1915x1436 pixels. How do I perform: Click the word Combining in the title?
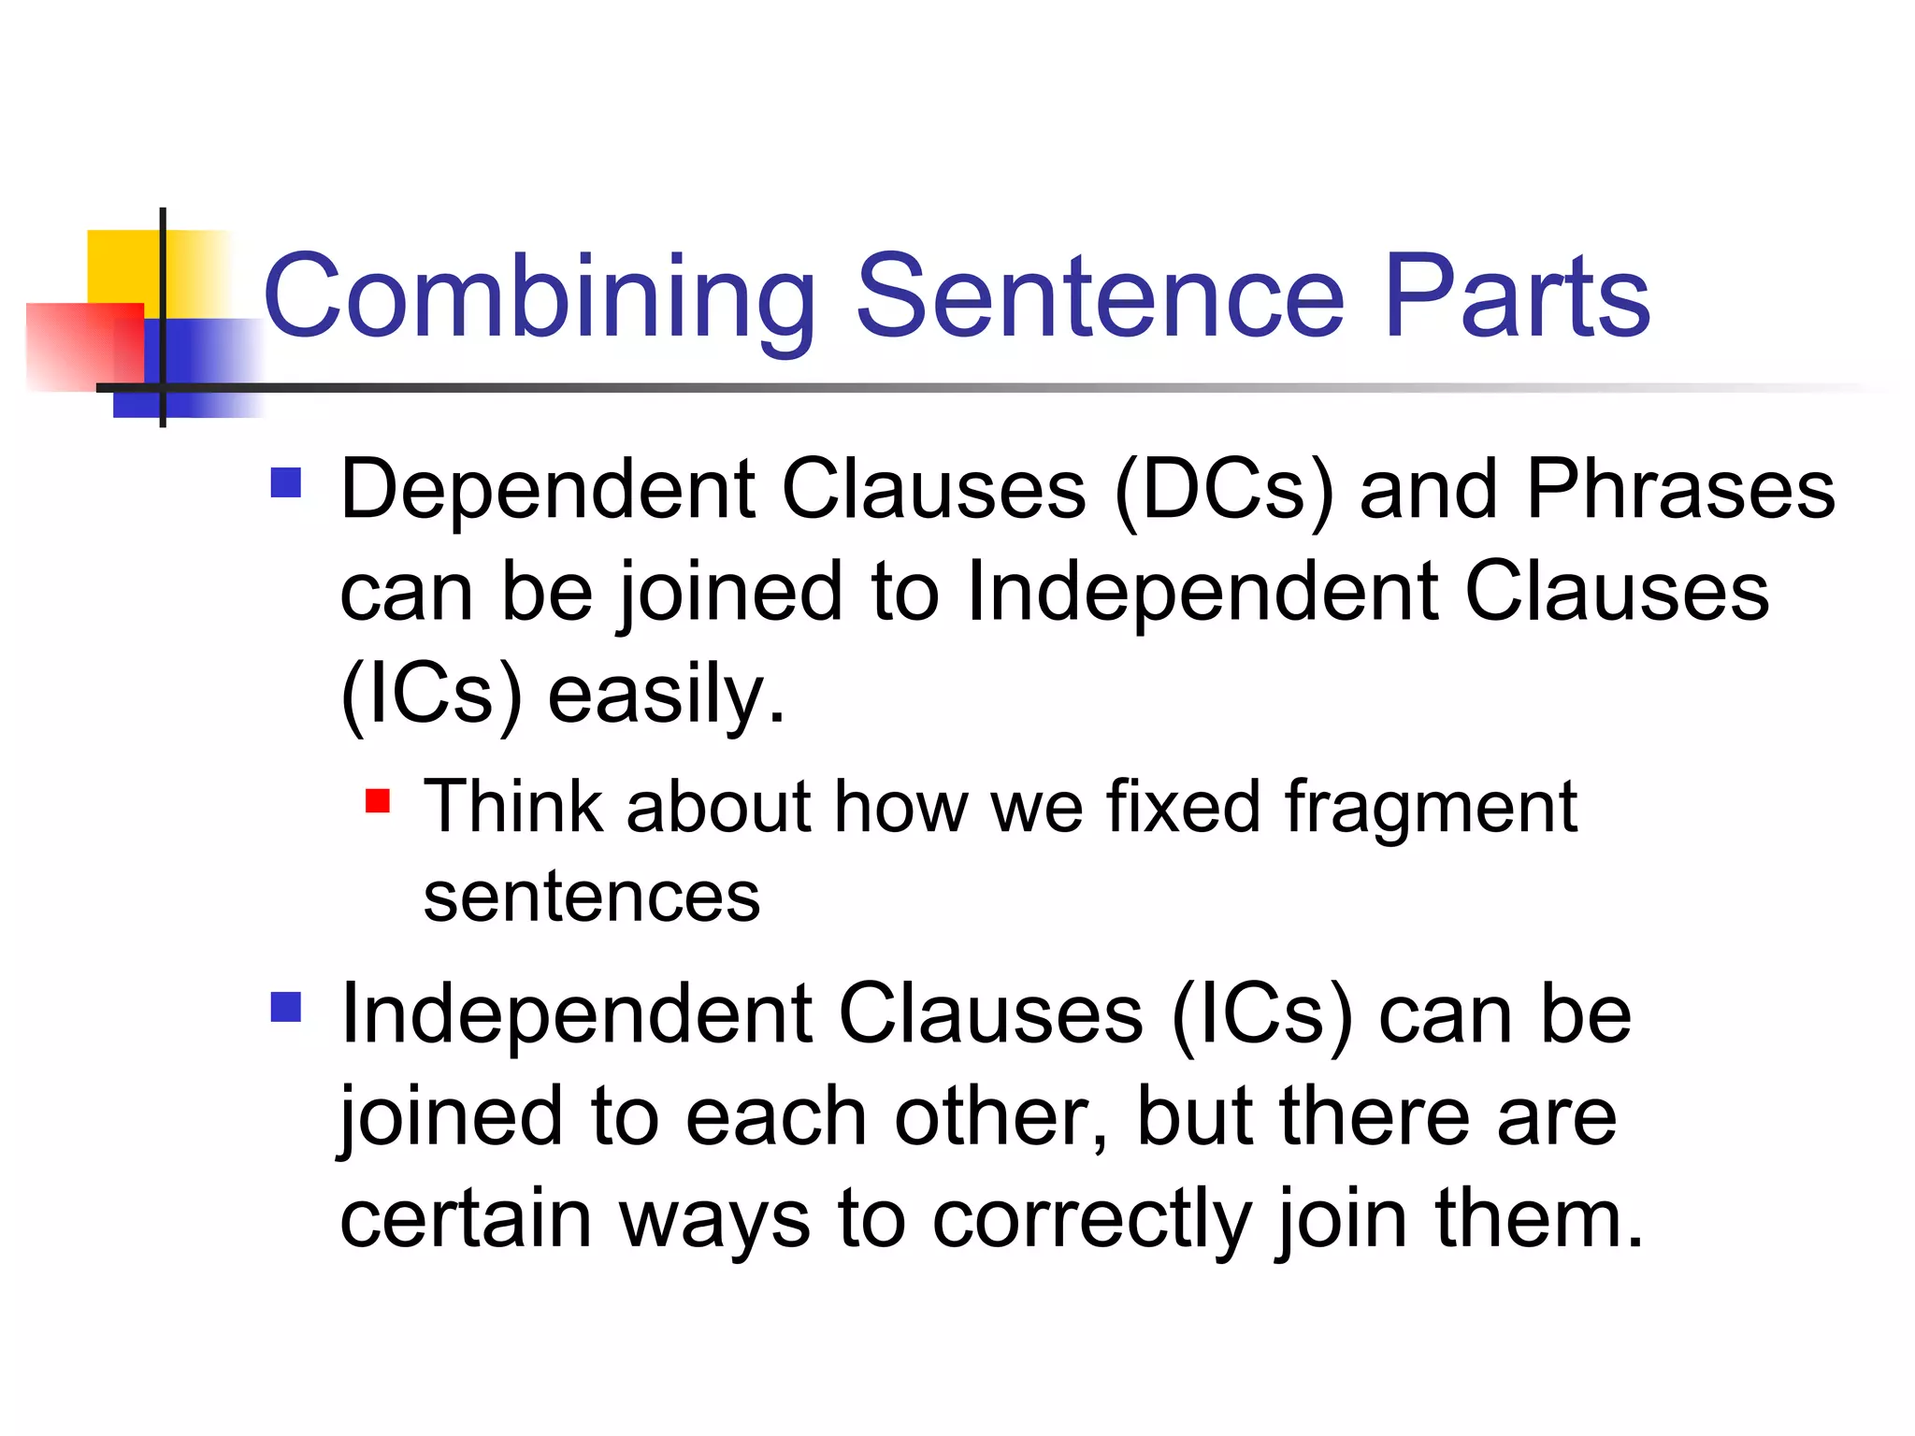[x=540, y=297]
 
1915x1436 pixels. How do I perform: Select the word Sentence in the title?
[x=1100, y=297]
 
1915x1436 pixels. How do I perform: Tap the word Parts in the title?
[x=1517, y=297]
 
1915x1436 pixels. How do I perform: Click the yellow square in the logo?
[x=122, y=266]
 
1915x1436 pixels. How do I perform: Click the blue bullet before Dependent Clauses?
[x=285, y=483]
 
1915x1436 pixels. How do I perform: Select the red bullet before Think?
[x=377, y=801]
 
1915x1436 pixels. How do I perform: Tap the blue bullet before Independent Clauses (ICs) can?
[x=285, y=1008]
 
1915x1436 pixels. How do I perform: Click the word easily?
[x=666, y=696]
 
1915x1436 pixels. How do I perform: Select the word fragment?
[x=1431, y=808]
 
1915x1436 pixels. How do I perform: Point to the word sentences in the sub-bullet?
[x=592, y=897]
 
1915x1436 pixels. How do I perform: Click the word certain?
[x=465, y=1219]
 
